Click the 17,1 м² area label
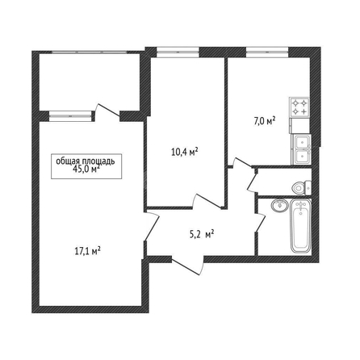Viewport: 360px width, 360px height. pyautogui.click(x=87, y=251)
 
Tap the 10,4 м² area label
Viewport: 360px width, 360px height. pyautogui.click(x=185, y=152)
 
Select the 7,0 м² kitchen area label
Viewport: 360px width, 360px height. pyautogui.click(x=264, y=121)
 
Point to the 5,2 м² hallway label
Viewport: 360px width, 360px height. pyautogui.click(x=202, y=234)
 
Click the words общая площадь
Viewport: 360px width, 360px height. pyautogui.click(x=86, y=161)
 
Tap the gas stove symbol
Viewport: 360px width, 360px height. pyautogui.click(x=299, y=107)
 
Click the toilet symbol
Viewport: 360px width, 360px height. pyautogui.click(x=302, y=187)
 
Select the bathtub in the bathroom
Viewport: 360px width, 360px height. pyautogui.click(x=301, y=227)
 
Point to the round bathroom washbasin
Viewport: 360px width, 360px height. pyautogui.click(x=279, y=206)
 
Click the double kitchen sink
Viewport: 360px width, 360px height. pyautogui.click(x=301, y=149)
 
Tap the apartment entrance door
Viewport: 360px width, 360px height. pyautogui.click(x=188, y=265)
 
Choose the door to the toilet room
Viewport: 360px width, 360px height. pyautogui.click(x=253, y=179)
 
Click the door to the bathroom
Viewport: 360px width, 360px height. pyautogui.click(x=260, y=222)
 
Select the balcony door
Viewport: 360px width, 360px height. pyautogui.click(x=107, y=111)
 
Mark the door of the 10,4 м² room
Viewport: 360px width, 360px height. pyautogui.click(x=207, y=201)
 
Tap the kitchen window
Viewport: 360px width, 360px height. pyautogui.click(x=267, y=52)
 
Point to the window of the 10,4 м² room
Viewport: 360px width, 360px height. pyautogui.click(x=178, y=52)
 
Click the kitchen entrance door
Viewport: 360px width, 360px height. pyautogui.click(x=241, y=162)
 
